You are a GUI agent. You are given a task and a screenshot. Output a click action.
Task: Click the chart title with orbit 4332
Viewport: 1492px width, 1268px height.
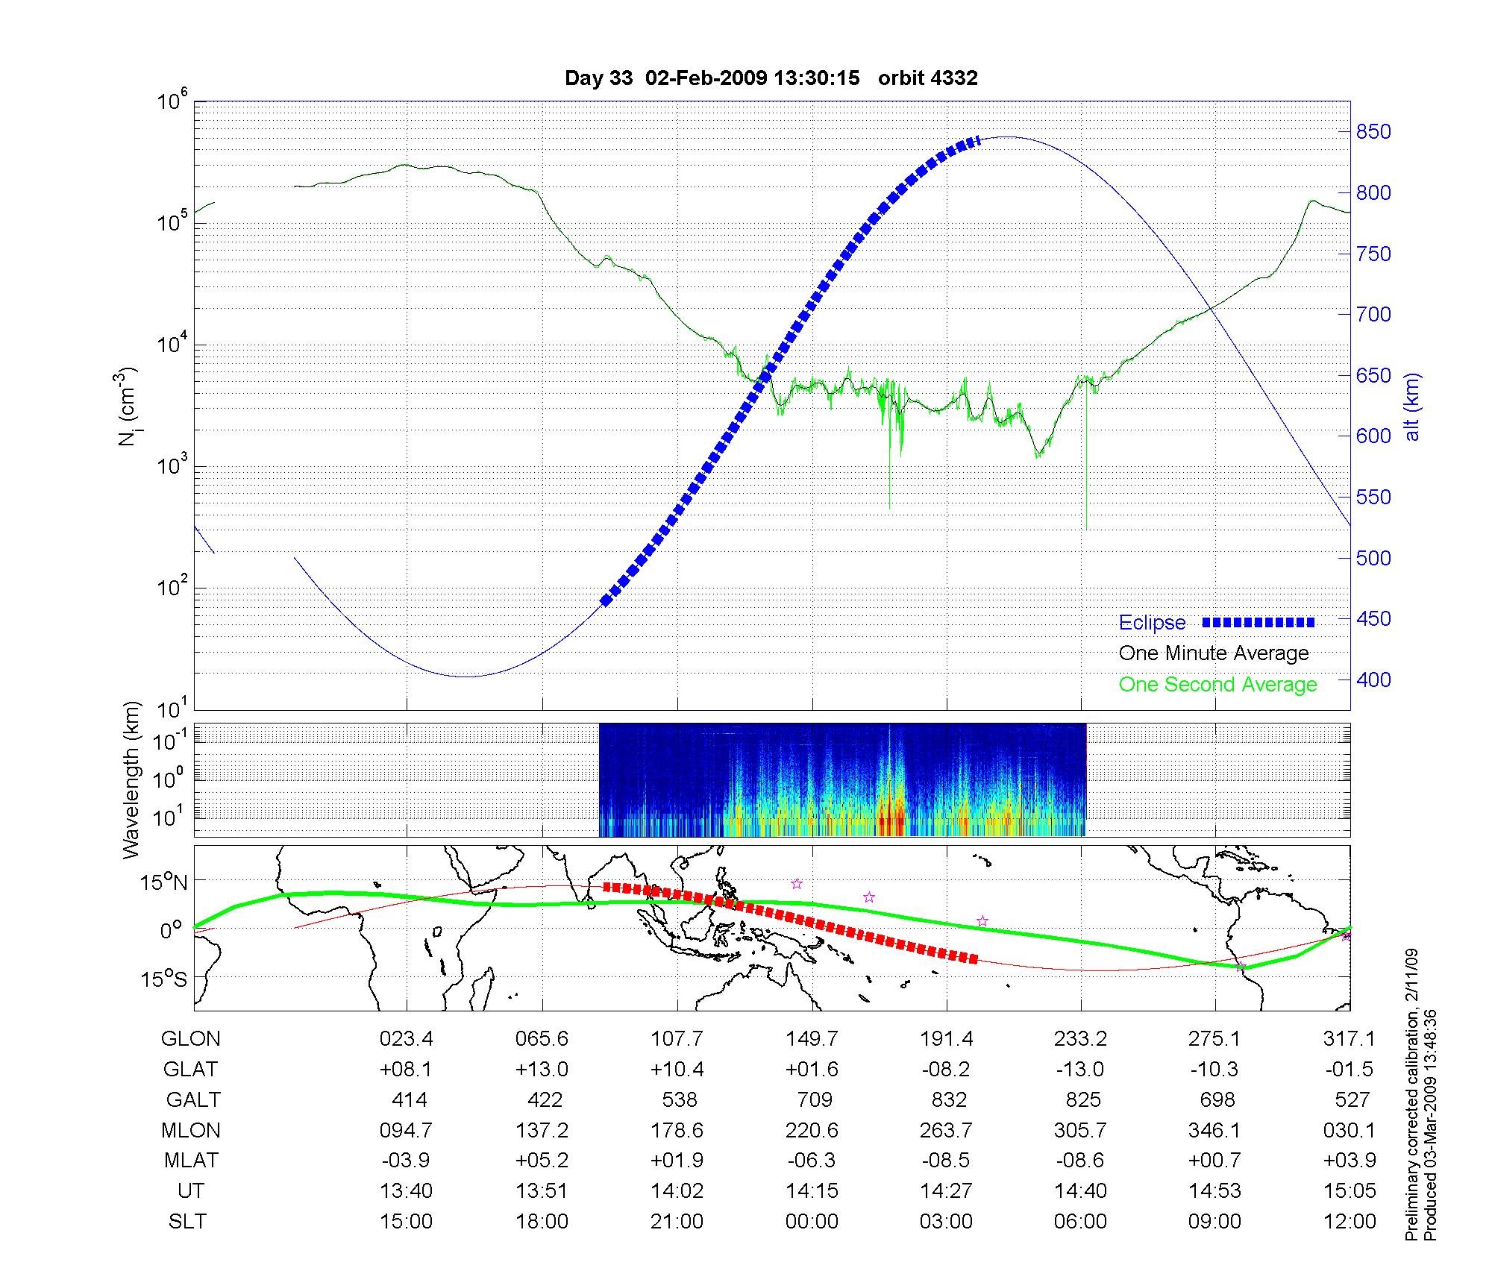click(771, 78)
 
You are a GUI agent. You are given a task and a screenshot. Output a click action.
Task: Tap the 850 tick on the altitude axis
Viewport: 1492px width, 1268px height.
click(1373, 132)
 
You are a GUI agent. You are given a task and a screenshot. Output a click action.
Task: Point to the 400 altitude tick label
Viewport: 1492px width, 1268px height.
click(1373, 679)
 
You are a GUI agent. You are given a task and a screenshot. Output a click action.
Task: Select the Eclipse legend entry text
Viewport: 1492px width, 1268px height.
click(1152, 623)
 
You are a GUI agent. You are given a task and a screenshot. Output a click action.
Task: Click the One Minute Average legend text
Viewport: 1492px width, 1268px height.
click(1214, 653)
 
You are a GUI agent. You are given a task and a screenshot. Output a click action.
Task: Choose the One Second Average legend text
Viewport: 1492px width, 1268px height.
click(1217, 685)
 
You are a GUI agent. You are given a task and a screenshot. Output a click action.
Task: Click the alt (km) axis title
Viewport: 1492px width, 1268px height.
click(1412, 407)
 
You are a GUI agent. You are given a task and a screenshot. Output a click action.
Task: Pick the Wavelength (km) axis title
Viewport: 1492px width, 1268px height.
click(131, 779)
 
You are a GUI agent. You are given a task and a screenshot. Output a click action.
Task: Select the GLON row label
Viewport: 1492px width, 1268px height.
click(191, 1038)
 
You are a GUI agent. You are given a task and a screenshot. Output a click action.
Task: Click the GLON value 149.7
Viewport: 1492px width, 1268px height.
click(812, 1038)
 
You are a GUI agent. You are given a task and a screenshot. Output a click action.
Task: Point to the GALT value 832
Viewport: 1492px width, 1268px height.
click(948, 1099)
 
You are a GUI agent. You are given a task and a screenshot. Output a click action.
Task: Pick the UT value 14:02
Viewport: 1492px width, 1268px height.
click(677, 1190)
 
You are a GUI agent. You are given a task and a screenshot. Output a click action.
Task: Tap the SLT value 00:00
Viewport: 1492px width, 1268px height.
click(812, 1221)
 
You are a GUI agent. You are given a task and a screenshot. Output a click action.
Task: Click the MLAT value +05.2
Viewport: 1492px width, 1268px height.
click(542, 1161)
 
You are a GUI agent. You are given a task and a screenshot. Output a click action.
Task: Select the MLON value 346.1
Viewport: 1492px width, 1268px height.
click(1214, 1130)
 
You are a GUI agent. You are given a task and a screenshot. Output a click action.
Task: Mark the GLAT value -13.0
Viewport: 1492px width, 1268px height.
click(1079, 1069)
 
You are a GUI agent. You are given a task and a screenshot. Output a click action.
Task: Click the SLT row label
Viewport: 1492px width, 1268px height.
click(187, 1221)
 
